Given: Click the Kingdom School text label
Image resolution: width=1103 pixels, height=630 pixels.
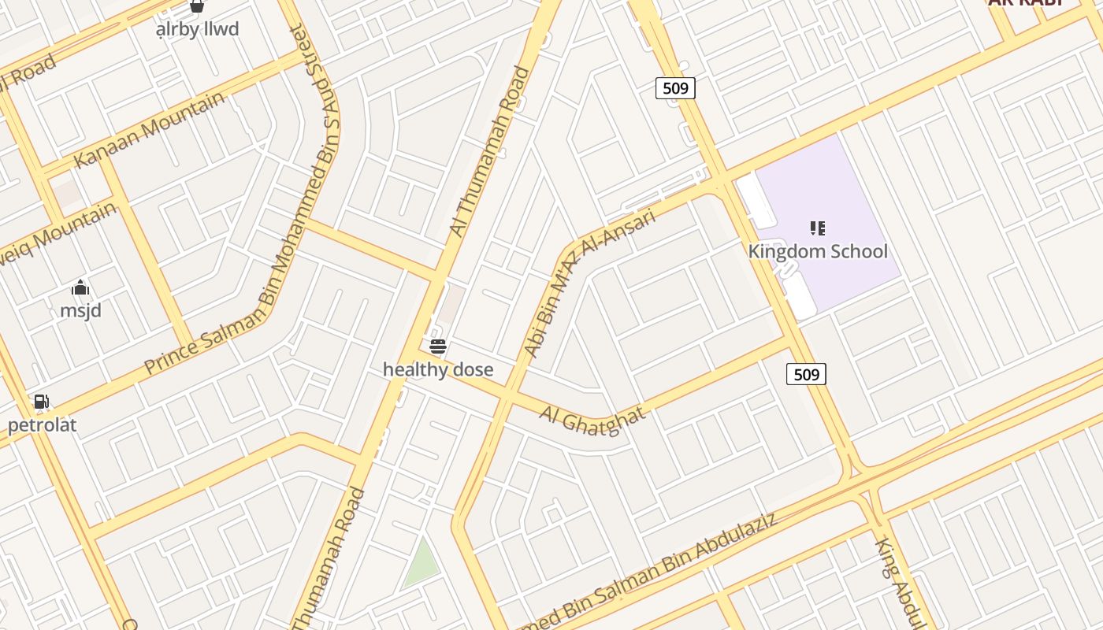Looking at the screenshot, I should [x=818, y=252].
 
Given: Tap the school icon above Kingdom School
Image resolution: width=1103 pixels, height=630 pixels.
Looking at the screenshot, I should [x=818, y=228].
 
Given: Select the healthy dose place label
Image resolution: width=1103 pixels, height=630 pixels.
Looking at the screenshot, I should [x=438, y=369].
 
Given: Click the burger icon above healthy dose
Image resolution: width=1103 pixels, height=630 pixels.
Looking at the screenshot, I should [x=438, y=346].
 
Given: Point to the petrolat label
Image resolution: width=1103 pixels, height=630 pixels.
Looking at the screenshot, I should [x=43, y=425].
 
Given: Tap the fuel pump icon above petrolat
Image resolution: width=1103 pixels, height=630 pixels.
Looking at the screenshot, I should [x=41, y=402].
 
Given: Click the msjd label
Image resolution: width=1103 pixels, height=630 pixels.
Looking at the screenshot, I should [x=81, y=310].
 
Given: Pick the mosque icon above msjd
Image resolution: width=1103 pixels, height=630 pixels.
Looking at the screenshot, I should [x=80, y=287].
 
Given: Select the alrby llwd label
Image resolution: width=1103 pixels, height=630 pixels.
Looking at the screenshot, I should [x=197, y=30].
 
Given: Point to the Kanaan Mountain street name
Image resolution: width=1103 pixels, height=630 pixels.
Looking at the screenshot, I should [x=149, y=130].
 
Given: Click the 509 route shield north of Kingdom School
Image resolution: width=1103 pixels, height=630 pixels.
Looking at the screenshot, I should [x=675, y=88].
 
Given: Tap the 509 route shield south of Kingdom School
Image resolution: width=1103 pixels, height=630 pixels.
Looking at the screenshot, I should [x=806, y=374].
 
